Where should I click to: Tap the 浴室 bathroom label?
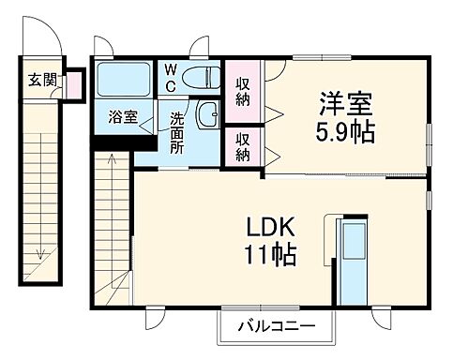pos(123,118)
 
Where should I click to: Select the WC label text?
pos(172,77)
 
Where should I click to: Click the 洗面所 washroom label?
pos(177,132)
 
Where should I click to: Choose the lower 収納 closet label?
pos(243,146)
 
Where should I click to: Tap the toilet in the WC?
pos(200,79)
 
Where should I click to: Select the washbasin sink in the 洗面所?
pos(207,115)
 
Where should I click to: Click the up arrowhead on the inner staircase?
pos(112,157)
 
